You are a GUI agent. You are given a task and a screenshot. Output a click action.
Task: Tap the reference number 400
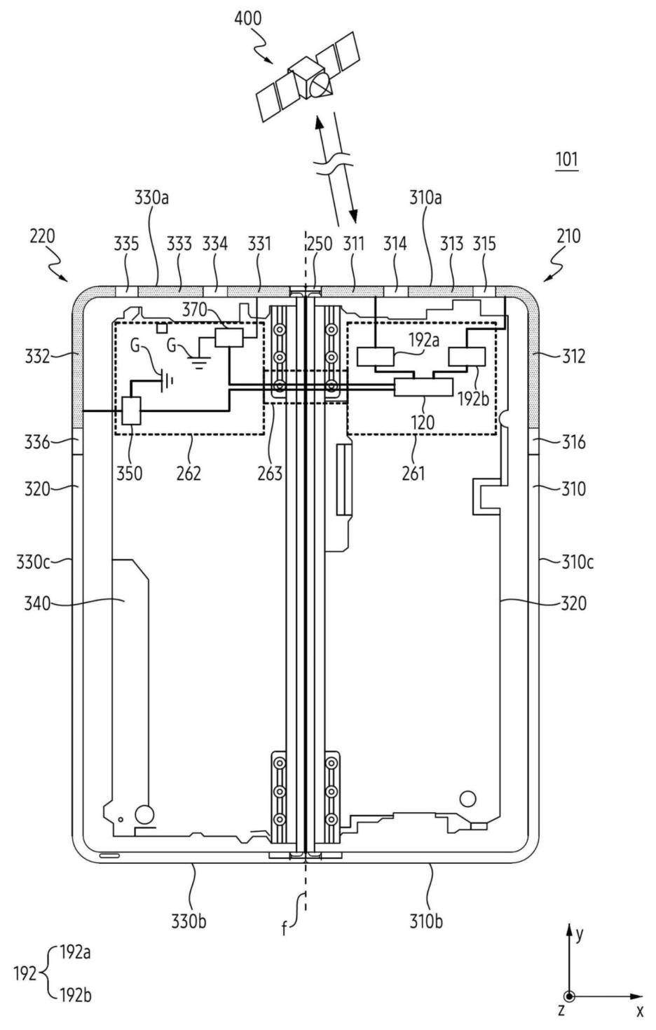tap(247, 18)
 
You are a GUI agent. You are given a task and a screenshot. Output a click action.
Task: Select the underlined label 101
tap(566, 160)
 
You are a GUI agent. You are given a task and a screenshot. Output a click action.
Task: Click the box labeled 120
tap(424, 387)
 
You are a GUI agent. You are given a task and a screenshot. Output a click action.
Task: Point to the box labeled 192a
tap(376, 357)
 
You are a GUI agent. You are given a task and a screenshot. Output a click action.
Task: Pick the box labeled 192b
tap(467, 357)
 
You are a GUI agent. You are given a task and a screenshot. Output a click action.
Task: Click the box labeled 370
tap(229, 338)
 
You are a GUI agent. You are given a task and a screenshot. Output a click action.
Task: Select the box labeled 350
tap(131, 411)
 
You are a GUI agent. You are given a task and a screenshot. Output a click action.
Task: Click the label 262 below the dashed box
tap(189, 473)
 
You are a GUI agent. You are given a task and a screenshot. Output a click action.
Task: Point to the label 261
tap(413, 473)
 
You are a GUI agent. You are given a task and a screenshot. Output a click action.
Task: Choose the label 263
tap(270, 473)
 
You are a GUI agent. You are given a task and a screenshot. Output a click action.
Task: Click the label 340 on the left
tap(37, 603)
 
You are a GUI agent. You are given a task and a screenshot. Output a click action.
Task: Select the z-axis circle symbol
tap(570, 996)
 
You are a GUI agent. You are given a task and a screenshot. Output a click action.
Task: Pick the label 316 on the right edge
tap(574, 442)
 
